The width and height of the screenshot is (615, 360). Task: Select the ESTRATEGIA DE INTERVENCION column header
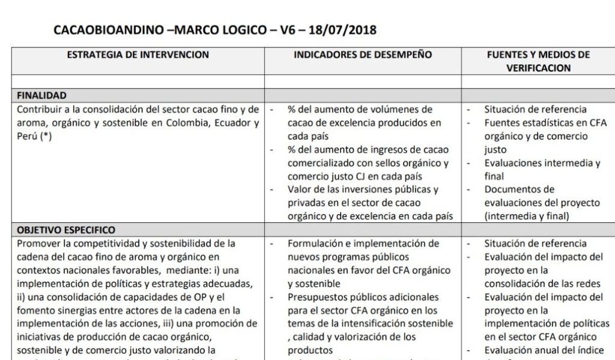click(138, 55)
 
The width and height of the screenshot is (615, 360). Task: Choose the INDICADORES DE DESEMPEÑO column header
click(363, 55)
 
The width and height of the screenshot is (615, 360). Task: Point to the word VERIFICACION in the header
click(538, 68)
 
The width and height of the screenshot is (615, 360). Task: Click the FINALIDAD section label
click(41, 96)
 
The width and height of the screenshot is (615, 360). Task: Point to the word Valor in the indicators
click(300, 190)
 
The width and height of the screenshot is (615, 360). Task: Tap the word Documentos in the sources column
click(511, 190)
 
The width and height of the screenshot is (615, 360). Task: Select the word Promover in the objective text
click(37, 244)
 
